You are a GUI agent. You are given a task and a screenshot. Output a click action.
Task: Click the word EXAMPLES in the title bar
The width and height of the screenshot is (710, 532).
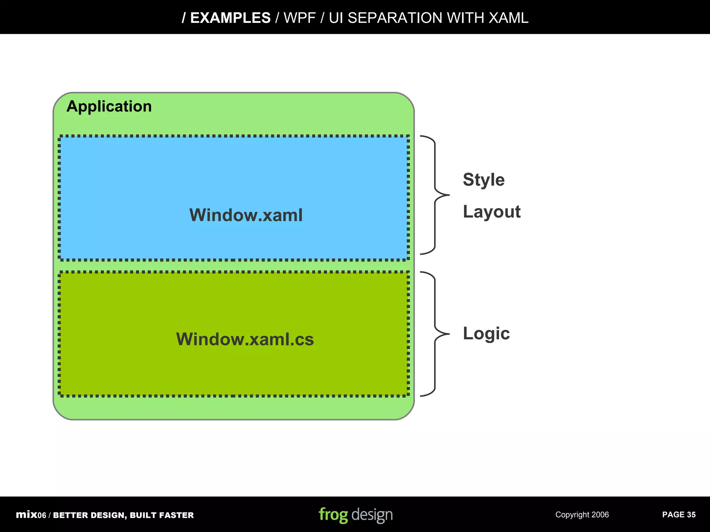(x=230, y=18)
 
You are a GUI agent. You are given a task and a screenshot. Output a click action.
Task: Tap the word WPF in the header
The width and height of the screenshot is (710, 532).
(x=300, y=18)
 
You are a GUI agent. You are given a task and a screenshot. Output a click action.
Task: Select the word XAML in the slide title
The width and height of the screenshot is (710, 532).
(x=508, y=18)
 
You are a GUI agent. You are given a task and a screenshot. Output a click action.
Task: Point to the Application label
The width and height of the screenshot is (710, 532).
(x=109, y=106)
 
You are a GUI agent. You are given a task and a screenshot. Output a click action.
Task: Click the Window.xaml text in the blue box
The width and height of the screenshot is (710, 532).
(x=246, y=215)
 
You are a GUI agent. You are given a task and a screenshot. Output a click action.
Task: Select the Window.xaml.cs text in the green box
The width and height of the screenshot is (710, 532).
(x=245, y=339)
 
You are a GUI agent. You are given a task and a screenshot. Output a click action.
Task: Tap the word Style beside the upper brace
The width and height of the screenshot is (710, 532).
(x=484, y=180)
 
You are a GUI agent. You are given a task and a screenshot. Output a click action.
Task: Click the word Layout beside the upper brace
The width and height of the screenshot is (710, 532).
(x=492, y=212)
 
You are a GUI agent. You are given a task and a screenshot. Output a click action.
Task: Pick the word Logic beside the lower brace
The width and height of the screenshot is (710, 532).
(x=486, y=334)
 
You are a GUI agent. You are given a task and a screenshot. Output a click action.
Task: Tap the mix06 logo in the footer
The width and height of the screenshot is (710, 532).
(x=31, y=515)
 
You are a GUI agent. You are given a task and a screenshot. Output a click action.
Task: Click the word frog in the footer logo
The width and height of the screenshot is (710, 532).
(x=333, y=515)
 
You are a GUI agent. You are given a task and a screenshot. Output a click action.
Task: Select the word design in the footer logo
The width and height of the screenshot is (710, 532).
(x=372, y=515)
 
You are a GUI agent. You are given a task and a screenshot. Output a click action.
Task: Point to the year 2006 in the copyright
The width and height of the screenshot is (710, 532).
(x=600, y=515)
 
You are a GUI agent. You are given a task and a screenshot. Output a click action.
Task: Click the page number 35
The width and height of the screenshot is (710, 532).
(x=691, y=515)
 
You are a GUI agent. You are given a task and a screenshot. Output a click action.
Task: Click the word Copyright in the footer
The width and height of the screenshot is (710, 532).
(x=572, y=515)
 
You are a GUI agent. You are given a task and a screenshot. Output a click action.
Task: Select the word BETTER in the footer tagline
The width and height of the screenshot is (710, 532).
(x=70, y=515)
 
